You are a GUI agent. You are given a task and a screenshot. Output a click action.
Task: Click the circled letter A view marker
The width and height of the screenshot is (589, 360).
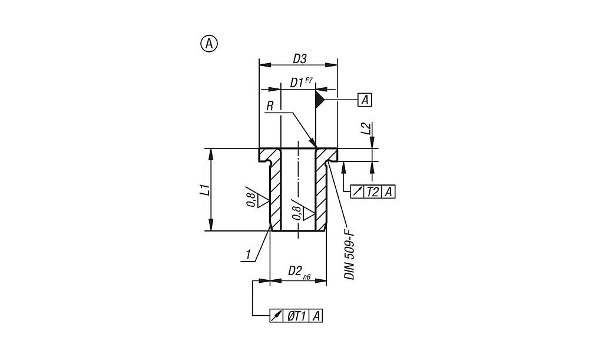point(209,44)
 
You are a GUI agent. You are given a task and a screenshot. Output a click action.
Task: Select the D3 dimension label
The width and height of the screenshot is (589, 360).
point(299,59)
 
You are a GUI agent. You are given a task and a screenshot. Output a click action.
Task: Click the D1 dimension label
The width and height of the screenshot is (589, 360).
point(296,83)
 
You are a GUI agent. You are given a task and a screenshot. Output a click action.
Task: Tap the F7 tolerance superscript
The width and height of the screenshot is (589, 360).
point(309,80)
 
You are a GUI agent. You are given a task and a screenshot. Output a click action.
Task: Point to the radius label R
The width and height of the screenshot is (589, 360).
point(270,106)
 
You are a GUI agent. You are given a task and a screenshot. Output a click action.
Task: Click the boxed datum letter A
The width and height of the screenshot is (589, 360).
point(365,100)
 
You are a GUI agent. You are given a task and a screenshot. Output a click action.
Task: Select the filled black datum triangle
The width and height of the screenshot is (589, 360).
point(319,99)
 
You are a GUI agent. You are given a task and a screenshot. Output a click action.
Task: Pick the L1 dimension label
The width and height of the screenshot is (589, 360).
point(205,189)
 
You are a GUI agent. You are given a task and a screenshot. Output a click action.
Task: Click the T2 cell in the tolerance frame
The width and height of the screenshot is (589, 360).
point(373,192)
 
